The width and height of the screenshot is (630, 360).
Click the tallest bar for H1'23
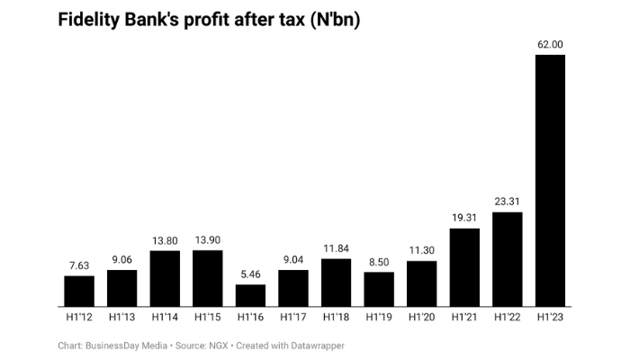click(550, 180)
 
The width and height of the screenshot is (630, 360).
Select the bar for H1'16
click(250, 295)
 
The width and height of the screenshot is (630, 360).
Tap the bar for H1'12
click(79, 291)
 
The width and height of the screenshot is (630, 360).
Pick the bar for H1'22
click(508, 259)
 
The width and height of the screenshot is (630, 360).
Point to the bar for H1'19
click(379, 289)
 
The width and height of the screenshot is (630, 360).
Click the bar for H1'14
click(165, 278)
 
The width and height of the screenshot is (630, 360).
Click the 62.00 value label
click(550, 44)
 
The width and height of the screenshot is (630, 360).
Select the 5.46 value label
click(250, 274)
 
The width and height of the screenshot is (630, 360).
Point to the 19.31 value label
click(464, 218)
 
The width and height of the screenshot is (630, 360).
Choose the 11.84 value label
click(336, 247)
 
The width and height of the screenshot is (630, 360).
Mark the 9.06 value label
click(121, 259)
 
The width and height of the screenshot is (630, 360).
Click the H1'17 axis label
click(293, 317)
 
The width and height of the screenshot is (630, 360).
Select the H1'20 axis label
click(421, 317)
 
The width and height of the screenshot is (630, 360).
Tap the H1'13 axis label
click(121, 317)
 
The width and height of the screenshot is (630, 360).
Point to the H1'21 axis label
click(464, 317)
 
